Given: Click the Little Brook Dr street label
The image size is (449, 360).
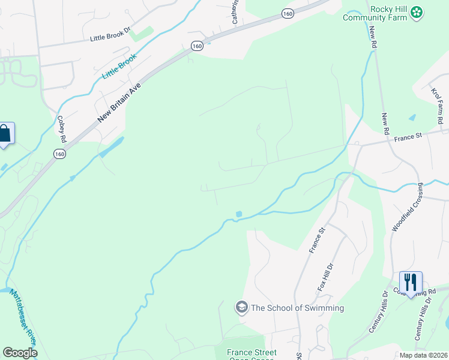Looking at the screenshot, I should (110, 37).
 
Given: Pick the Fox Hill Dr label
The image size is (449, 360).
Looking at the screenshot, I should (324, 277).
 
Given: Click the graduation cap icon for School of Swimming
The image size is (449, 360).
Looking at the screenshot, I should (241, 308).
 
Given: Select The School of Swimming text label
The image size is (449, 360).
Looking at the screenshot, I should (297, 308).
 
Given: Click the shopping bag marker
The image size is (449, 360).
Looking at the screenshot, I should (5, 133).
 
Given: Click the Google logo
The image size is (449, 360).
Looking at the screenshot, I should (20, 353).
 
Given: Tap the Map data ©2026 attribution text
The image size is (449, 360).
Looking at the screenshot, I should (423, 355).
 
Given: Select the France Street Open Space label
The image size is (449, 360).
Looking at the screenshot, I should (252, 355).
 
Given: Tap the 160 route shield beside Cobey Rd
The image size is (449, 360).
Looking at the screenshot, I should (59, 154).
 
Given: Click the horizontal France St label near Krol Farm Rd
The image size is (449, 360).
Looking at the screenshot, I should (409, 137).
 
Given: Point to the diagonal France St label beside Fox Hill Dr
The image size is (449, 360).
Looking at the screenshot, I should (316, 240).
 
